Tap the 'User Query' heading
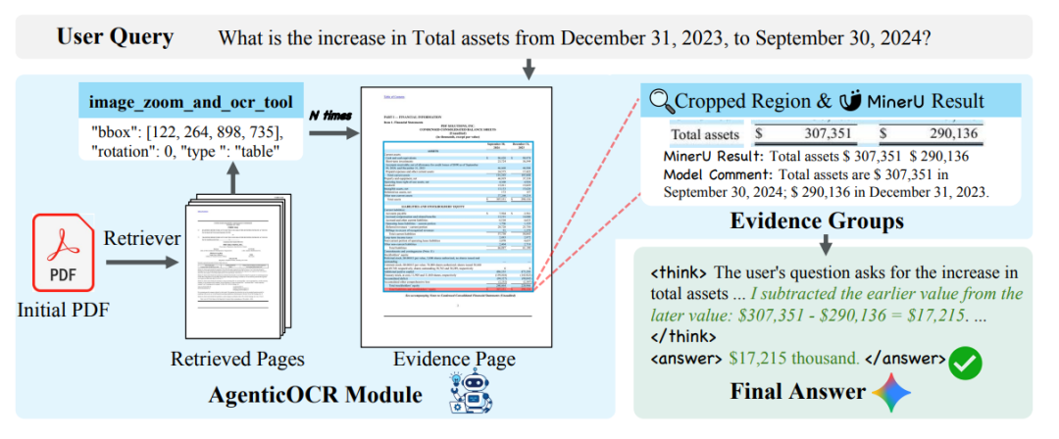pyautogui.click(x=115, y=38)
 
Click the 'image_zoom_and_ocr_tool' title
pyautogui.click(x=190, y=102)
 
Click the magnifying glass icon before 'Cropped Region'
pyautogui.click(x=661, y=100)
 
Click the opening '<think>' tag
pyautogui.click(x=680, y=271)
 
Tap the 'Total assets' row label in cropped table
pyautogui.click(x=704, y=133)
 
